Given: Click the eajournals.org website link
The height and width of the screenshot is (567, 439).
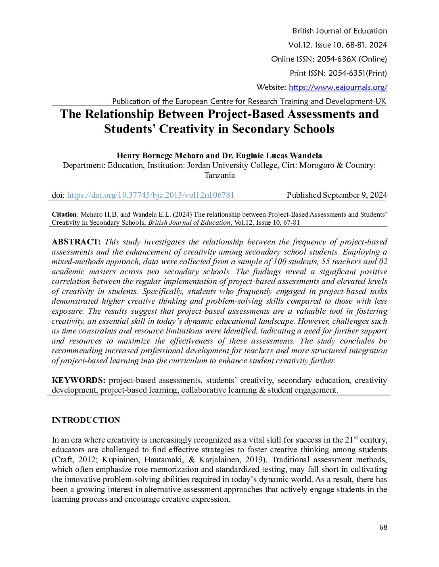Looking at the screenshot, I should click(x=338, y=87).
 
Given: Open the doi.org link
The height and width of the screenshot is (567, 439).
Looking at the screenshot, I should click(x=151, y=195).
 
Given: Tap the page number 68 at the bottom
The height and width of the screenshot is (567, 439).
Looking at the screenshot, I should click(x=383, y=527).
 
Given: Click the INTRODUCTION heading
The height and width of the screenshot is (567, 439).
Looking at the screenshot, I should click(x=86, y=420).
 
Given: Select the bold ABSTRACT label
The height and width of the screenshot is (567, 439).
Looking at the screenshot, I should click(x=76, y=242).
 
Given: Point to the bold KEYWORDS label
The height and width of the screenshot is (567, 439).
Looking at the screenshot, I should click(x=79, y=380).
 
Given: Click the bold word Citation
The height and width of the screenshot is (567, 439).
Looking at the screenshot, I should click(x=64, y=214).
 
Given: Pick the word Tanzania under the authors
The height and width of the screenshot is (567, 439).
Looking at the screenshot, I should click(x=219, y=175).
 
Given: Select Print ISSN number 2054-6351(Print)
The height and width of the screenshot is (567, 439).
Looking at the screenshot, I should click(x=357, y=73).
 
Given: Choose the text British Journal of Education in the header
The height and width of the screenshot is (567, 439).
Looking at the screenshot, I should click(x=340, y=31).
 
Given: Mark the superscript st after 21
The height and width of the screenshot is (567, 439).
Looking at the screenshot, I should click(x=356, y=437).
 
